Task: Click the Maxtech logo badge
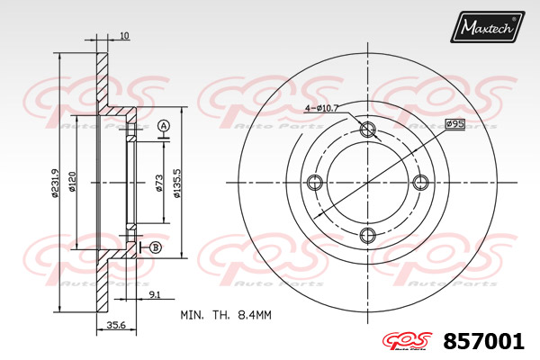pyautogui.click(x=487, y=26)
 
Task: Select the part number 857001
pyautogui.click(x=483, y=341)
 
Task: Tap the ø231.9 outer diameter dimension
pyautogui.click(x=55, y=183)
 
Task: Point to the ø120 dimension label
pyautogui.click(x=72, y=182)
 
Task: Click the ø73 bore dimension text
pyautogui.click(x=158, y=183)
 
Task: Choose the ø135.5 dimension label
pyautogui.click(x=177, y=183)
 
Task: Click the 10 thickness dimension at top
pyautogui.click(x=125, y=35)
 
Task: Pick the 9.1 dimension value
pyautogui.click(x=155, y=294)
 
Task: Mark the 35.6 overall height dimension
pyautogui.click(x=116, y=325)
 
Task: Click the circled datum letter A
pyautogui.click(x=164, y=126)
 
